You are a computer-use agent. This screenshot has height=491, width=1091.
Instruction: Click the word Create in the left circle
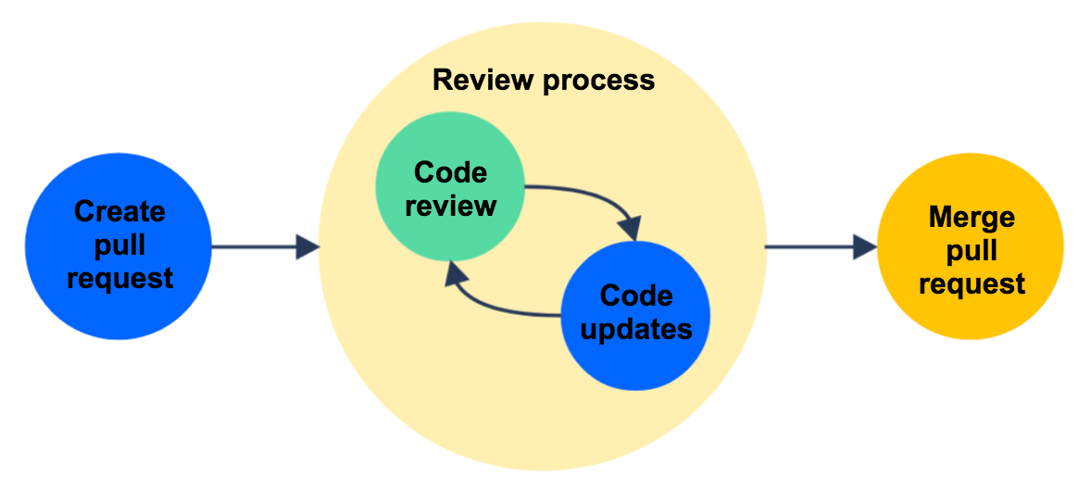[x=119, y=211]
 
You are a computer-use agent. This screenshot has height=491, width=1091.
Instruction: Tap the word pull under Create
[x=119, y=245]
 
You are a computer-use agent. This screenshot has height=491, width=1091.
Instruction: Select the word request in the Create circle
[x=119, y=277]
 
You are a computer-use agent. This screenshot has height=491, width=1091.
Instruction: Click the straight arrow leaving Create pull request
[x=255, y=247]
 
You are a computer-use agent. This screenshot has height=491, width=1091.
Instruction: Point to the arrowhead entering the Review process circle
[x=307, y=247]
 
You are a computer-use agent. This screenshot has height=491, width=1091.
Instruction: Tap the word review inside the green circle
[x=450, y=205]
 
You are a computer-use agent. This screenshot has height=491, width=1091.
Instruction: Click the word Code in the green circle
[x=450, y=172]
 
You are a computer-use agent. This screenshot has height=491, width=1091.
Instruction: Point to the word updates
[x=636, y=329]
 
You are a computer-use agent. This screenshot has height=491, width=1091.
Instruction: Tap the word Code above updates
[x=636, y=296]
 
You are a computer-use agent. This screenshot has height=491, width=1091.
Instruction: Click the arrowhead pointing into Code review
[x=456, y=272]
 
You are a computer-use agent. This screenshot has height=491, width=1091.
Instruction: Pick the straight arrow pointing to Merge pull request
[x=815, y=247]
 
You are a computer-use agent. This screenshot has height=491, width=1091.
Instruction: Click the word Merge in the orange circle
[x=971, y=218]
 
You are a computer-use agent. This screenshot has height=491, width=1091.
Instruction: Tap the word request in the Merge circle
[x=971, y=283]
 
